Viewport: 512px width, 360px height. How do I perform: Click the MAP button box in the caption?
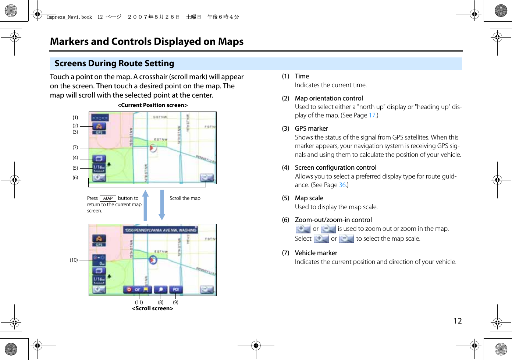[x=108, y=198]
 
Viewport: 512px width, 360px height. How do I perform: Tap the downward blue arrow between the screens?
[x=161, y=205]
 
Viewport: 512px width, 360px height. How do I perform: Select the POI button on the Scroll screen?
[x=176, y=289]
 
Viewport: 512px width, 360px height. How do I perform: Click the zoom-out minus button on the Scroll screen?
[x=207, y=289]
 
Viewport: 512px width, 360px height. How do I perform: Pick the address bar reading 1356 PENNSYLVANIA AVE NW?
[x=160, y=230]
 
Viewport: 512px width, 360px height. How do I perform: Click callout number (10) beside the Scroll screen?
[x=74, y=260]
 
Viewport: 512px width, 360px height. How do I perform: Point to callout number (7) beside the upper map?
[x=75, y=147]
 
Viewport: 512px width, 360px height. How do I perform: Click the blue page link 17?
[x=372, y=115]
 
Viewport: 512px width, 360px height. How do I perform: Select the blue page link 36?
[x=342, y=185]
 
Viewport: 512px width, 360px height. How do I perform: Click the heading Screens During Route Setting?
[x=114, y=64]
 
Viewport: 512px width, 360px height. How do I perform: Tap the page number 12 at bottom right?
[x=458, y=321]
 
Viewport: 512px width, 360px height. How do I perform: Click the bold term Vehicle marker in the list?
[x=316, y=253]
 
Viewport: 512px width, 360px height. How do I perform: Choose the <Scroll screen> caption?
[x=152, y=308]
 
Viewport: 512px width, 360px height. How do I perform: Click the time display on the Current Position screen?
[x=99, y=118]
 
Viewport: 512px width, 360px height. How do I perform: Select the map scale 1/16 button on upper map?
[x=99, y=168]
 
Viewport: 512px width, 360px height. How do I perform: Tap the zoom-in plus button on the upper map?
[x=98, y=178]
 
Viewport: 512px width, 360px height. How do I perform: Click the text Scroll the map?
[x=185, y=198]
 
